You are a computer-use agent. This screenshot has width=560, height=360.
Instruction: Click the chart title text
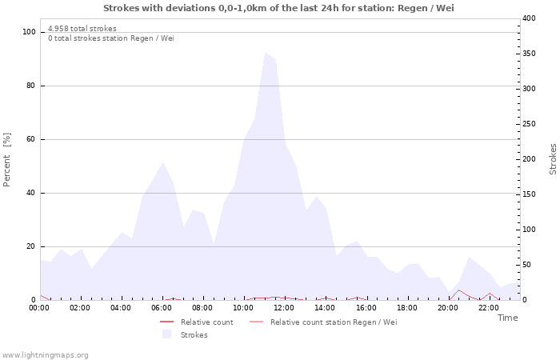click(279, 8)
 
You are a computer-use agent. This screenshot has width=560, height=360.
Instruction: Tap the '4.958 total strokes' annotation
click(82, 29)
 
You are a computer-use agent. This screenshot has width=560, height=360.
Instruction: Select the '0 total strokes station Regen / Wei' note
click(110, 38)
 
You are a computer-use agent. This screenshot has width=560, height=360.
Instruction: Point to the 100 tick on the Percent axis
click(30, 32)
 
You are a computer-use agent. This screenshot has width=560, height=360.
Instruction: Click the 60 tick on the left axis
click(31, 139)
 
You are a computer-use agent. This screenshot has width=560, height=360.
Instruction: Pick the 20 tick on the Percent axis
click(31, 246)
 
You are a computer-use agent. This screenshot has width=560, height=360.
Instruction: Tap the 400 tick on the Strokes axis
click(529, 18)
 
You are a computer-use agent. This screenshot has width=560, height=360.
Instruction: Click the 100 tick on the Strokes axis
click(529, 230)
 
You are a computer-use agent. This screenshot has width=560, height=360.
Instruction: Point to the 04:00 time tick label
click(121, 307)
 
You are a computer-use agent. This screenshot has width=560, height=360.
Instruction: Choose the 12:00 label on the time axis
click(284, 307)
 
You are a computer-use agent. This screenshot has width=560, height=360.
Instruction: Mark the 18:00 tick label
click(406, 307)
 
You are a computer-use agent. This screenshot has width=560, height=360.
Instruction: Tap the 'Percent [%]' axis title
click(7, 160)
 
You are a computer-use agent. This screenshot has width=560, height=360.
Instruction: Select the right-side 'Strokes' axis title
click(553, 159)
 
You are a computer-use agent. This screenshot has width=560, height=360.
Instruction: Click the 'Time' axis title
click(507, 318)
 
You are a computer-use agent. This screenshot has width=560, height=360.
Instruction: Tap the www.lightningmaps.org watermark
click(45, 354)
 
